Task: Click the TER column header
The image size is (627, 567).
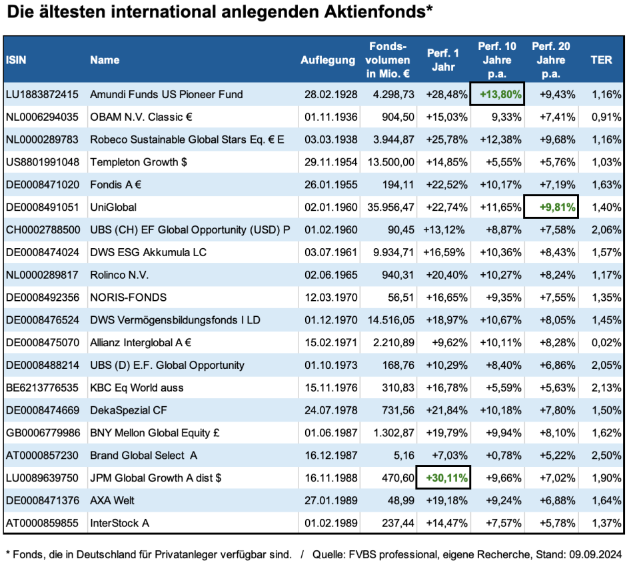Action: [x=601, y=60]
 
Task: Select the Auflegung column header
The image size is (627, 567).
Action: [x=328, y=60]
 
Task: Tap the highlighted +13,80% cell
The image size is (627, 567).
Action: [x=497, y=94]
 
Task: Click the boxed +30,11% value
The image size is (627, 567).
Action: [x=443, y=478]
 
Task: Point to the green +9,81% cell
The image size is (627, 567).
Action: [x=551, y=207]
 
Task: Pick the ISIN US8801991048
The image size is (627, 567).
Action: [x=42, y=161]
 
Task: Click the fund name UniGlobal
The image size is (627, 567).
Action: [x=113, y=207]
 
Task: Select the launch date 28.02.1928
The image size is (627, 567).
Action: [x=328, y=94]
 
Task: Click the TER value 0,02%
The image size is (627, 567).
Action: [x=606, y=342]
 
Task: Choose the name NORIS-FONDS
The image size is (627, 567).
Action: [x=129, y=297]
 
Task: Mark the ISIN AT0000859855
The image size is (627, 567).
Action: [x=42, y=523]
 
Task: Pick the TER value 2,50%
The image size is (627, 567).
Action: [x=606, y=455]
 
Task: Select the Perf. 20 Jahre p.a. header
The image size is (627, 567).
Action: [x=551, y=60]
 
